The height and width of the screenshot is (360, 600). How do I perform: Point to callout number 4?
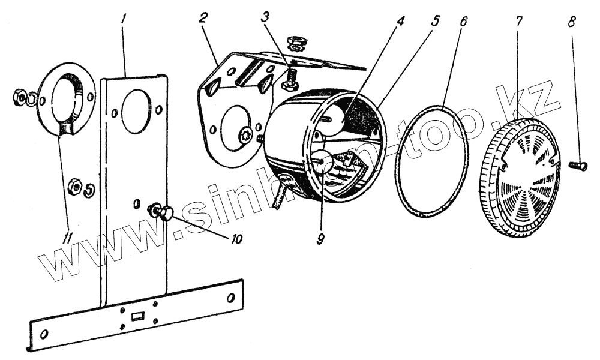(x=401, y=20)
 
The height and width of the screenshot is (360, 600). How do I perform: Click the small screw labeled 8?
(x=577, y=165)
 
